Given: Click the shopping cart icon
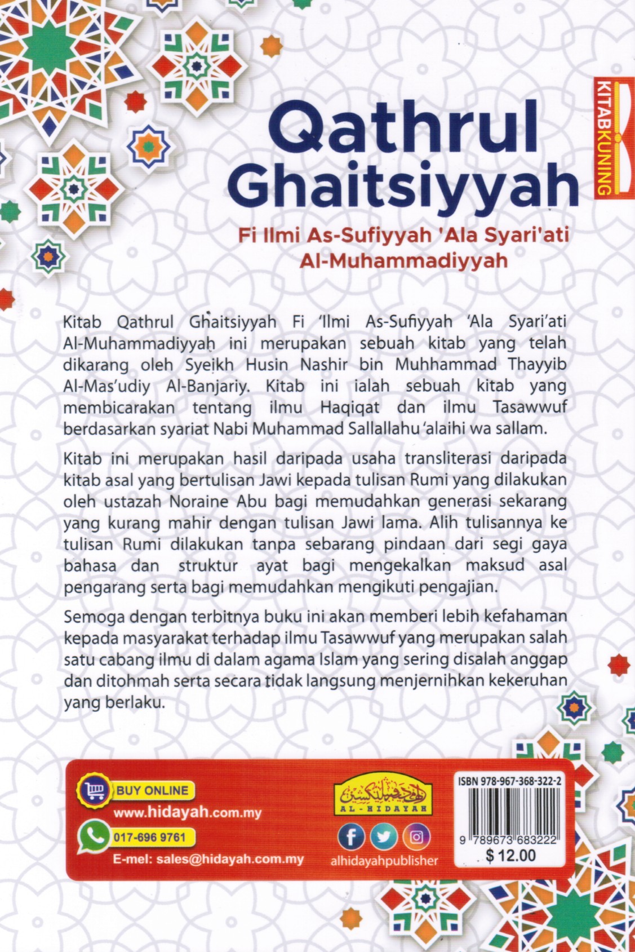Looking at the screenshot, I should click(x=91, y=791).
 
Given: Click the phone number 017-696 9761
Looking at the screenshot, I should click(x=149, y=836).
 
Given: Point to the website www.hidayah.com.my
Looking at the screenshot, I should click(x=187, y=813).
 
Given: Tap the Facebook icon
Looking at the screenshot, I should click(x=350, y=837).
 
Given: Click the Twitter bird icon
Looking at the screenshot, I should click(x=383, y=837).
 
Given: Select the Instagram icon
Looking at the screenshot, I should click(x=416, y=837).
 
